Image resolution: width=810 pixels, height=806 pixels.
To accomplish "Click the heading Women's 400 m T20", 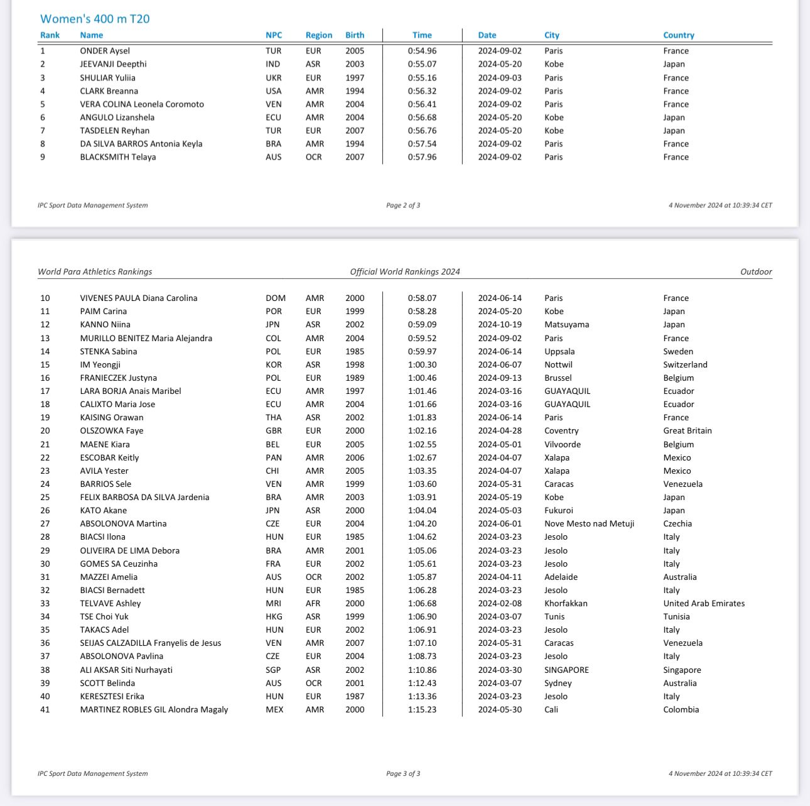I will [95, 19].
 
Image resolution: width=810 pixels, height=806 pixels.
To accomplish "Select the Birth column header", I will [354, 35].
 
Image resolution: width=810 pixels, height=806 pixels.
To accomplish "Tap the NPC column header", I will [274, 35].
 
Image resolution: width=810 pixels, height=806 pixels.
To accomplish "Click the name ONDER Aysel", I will [105, 51].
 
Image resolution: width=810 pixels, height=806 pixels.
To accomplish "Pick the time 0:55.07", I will [422, 64].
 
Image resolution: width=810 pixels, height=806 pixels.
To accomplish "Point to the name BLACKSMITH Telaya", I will [118, 157].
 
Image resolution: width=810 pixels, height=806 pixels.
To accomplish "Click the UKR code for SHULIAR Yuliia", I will [274, 78].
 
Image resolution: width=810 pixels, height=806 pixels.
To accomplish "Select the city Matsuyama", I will [566, 325].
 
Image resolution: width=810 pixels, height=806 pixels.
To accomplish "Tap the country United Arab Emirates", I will [704, 603].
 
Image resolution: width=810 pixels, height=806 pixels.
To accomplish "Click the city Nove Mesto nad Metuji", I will [589, 523].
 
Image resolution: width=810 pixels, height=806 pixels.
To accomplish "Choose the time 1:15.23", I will [422, 709].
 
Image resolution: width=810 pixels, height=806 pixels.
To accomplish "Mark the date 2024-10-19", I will [500, 325].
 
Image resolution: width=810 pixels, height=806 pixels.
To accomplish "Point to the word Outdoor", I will [756, 271].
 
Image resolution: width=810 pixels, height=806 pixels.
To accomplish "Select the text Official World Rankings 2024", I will [405, 271].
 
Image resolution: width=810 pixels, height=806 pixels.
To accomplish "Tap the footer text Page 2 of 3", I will [403, 205].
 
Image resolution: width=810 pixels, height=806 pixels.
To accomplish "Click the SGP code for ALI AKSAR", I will [273, 670].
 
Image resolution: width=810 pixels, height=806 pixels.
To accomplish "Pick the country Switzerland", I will [685, 364].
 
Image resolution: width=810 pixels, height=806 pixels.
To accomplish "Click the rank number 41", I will [45, 709].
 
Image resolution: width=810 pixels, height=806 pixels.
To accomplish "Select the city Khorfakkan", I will [566, 603].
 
